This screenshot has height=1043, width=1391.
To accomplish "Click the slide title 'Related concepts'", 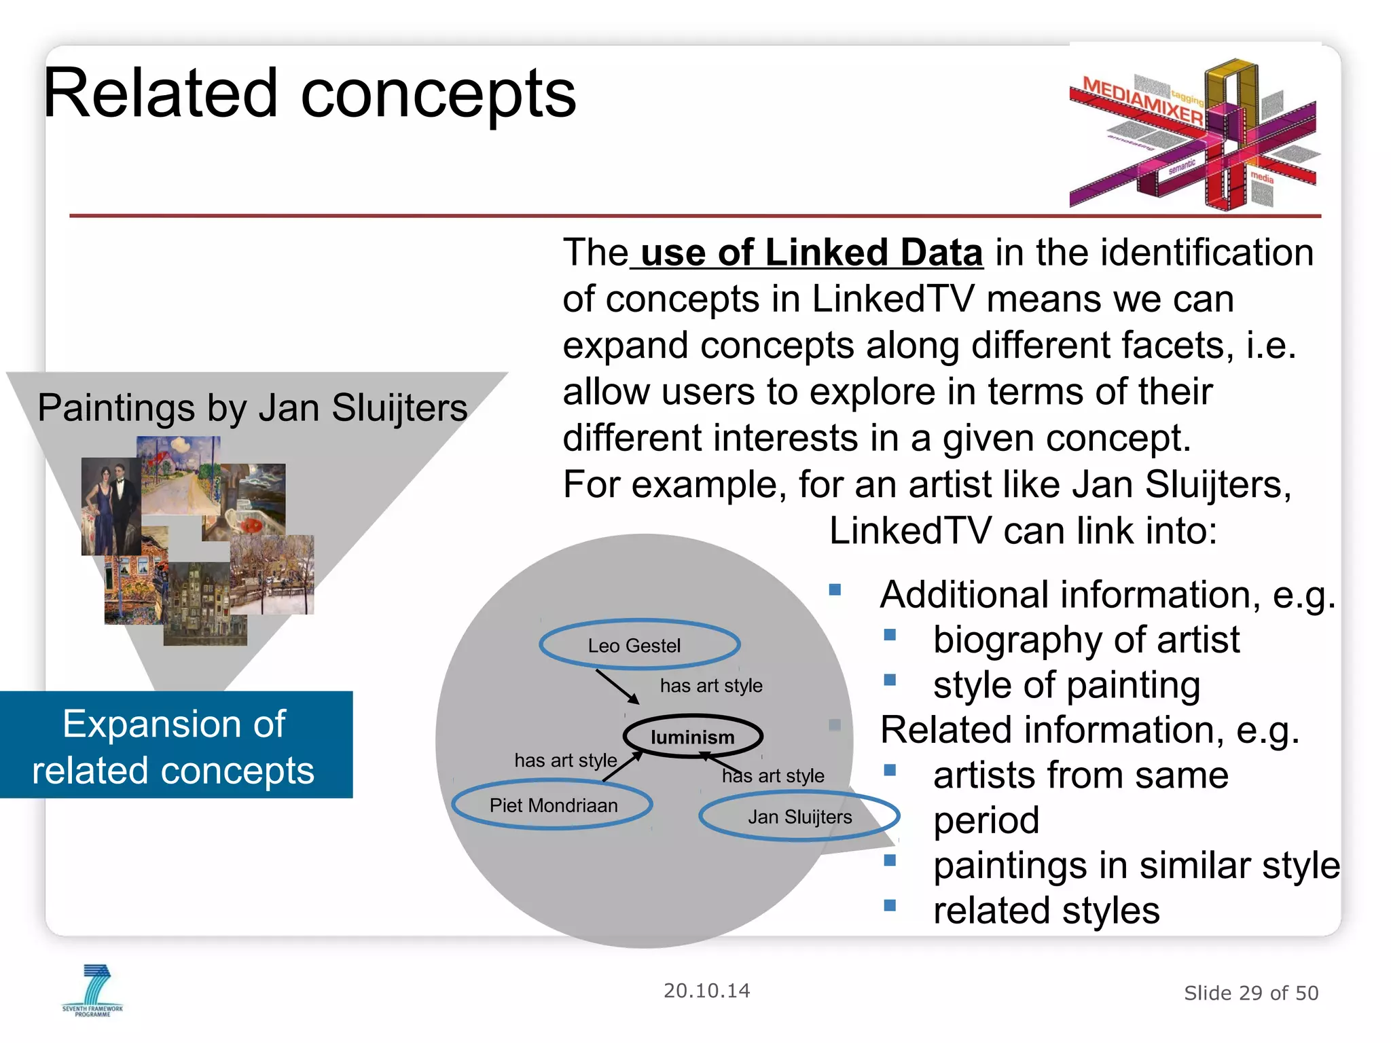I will [310, 94].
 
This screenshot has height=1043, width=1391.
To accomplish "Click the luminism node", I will [693, 737].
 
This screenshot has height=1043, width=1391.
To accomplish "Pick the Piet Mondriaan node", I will [553, 805].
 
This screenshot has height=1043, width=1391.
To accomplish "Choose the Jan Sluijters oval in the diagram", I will [799, 816].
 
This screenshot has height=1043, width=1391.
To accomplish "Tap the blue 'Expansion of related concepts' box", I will [175, 746].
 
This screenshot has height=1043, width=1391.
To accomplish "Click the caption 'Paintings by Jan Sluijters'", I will [252, 407].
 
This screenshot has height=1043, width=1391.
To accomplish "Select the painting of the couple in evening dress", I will [111, 506].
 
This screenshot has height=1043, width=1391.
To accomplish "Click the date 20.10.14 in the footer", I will [706, 991].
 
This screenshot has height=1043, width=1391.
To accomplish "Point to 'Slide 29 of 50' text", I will [1250, 993].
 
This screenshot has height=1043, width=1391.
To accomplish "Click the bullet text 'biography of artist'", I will [1086, 640].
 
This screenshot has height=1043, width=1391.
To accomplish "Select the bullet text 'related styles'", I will [1046, 910].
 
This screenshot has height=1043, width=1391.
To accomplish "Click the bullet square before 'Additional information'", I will [835, 589].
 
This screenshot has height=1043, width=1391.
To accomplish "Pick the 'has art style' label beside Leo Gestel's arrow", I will [711, 685].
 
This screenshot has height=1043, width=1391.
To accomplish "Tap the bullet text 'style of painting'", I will [1066, 684].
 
